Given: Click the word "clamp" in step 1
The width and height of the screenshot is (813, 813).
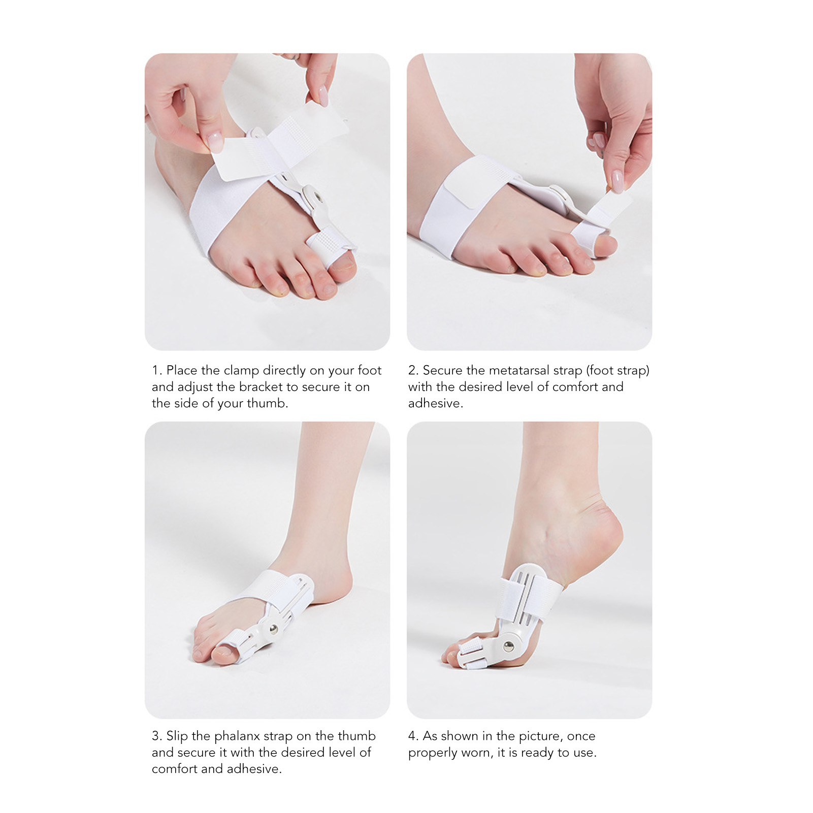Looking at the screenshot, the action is click(242, 371).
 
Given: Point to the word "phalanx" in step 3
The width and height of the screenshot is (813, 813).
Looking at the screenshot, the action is click(238, 736).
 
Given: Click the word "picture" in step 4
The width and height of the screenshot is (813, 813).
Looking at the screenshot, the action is click(539, 736).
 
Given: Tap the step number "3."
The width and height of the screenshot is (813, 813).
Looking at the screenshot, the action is click(157, 736).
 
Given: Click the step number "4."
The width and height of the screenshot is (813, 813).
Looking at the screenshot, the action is click(413, 736).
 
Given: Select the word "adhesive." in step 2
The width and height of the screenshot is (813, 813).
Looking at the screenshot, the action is click(436, 404).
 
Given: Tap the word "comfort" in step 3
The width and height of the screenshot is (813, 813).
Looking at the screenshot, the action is click(175, 769).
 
